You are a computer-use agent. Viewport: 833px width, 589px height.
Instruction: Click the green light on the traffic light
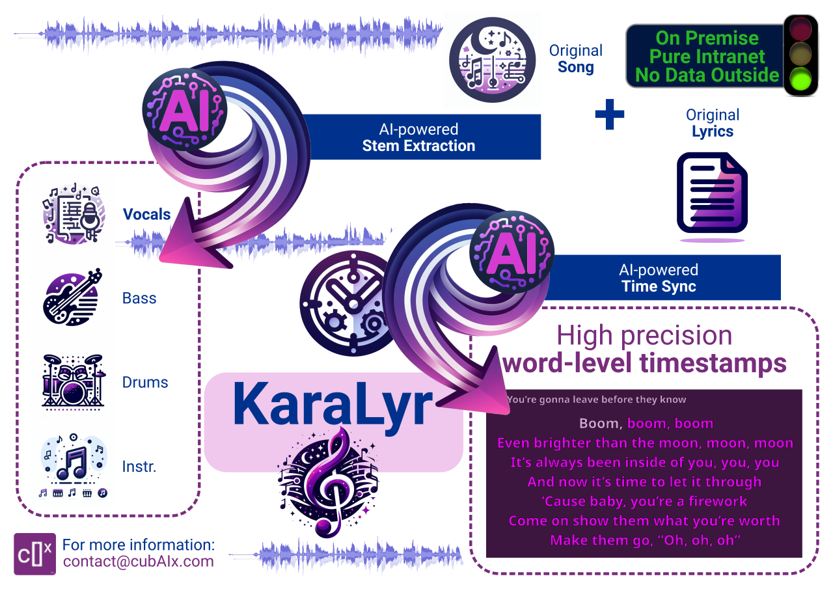click(800, 79)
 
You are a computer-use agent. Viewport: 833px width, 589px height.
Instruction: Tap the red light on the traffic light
click(800, 29)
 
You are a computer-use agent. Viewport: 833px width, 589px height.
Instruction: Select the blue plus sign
click(610, 114)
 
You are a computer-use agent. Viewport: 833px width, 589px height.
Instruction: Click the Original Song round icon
click(493, 59)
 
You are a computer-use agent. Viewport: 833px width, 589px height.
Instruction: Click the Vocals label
click(146, 214)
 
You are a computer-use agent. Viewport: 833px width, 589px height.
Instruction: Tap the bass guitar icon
click(72, 297)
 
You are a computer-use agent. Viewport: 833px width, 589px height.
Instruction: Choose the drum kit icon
click(74, 382)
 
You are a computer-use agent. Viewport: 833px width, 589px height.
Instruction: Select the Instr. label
click(139, 466)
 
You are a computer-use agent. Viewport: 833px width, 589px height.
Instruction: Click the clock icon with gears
click(348, 303)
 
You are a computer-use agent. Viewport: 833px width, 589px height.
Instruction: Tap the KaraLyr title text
click(333, 405)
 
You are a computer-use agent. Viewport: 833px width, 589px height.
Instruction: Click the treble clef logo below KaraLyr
click(329, 482)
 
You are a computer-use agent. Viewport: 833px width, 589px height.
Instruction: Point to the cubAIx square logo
click(35, 554)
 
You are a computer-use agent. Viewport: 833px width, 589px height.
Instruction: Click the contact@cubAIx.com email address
click(139, 562)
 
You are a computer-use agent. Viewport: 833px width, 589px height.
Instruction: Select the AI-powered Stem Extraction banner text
click(418, 137)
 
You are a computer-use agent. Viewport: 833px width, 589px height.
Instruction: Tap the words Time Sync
click(659, 286)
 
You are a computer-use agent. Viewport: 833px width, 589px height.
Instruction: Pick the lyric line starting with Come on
click(644, 521)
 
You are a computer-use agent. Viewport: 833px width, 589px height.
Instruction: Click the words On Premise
click(707, 38)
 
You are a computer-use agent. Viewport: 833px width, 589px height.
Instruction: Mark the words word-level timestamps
click(644, 363)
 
